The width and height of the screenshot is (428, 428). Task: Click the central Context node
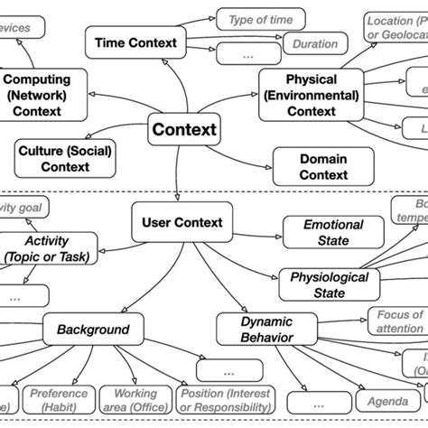[x=184, y=130]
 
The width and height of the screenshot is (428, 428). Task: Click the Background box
[x=93, y=330]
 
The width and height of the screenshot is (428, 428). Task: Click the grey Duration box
[x=314, y=43]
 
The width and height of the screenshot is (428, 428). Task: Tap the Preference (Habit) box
[x=58, y=400]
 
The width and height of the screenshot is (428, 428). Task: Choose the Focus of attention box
[x=397, y=321]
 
